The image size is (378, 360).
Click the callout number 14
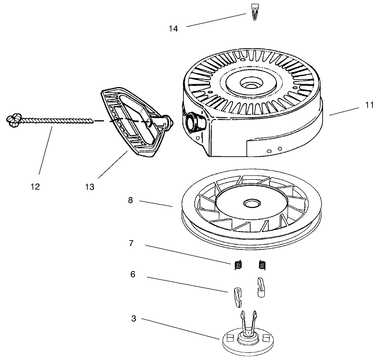coord(173,29)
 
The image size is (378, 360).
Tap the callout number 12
coord(35,187)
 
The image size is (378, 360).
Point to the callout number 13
coord(90,187)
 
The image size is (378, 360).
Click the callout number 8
coord(130,200)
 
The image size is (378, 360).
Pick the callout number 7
coord(131,243)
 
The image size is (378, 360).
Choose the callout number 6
coord(133,274)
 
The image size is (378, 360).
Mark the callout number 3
coord(134,319)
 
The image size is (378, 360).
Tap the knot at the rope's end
coord(13,120)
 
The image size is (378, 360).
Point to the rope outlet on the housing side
coord(192,122)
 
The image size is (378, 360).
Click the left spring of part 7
coord(238,265)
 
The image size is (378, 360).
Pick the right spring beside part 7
coord(262,265)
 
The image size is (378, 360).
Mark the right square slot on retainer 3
coord(267,337)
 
